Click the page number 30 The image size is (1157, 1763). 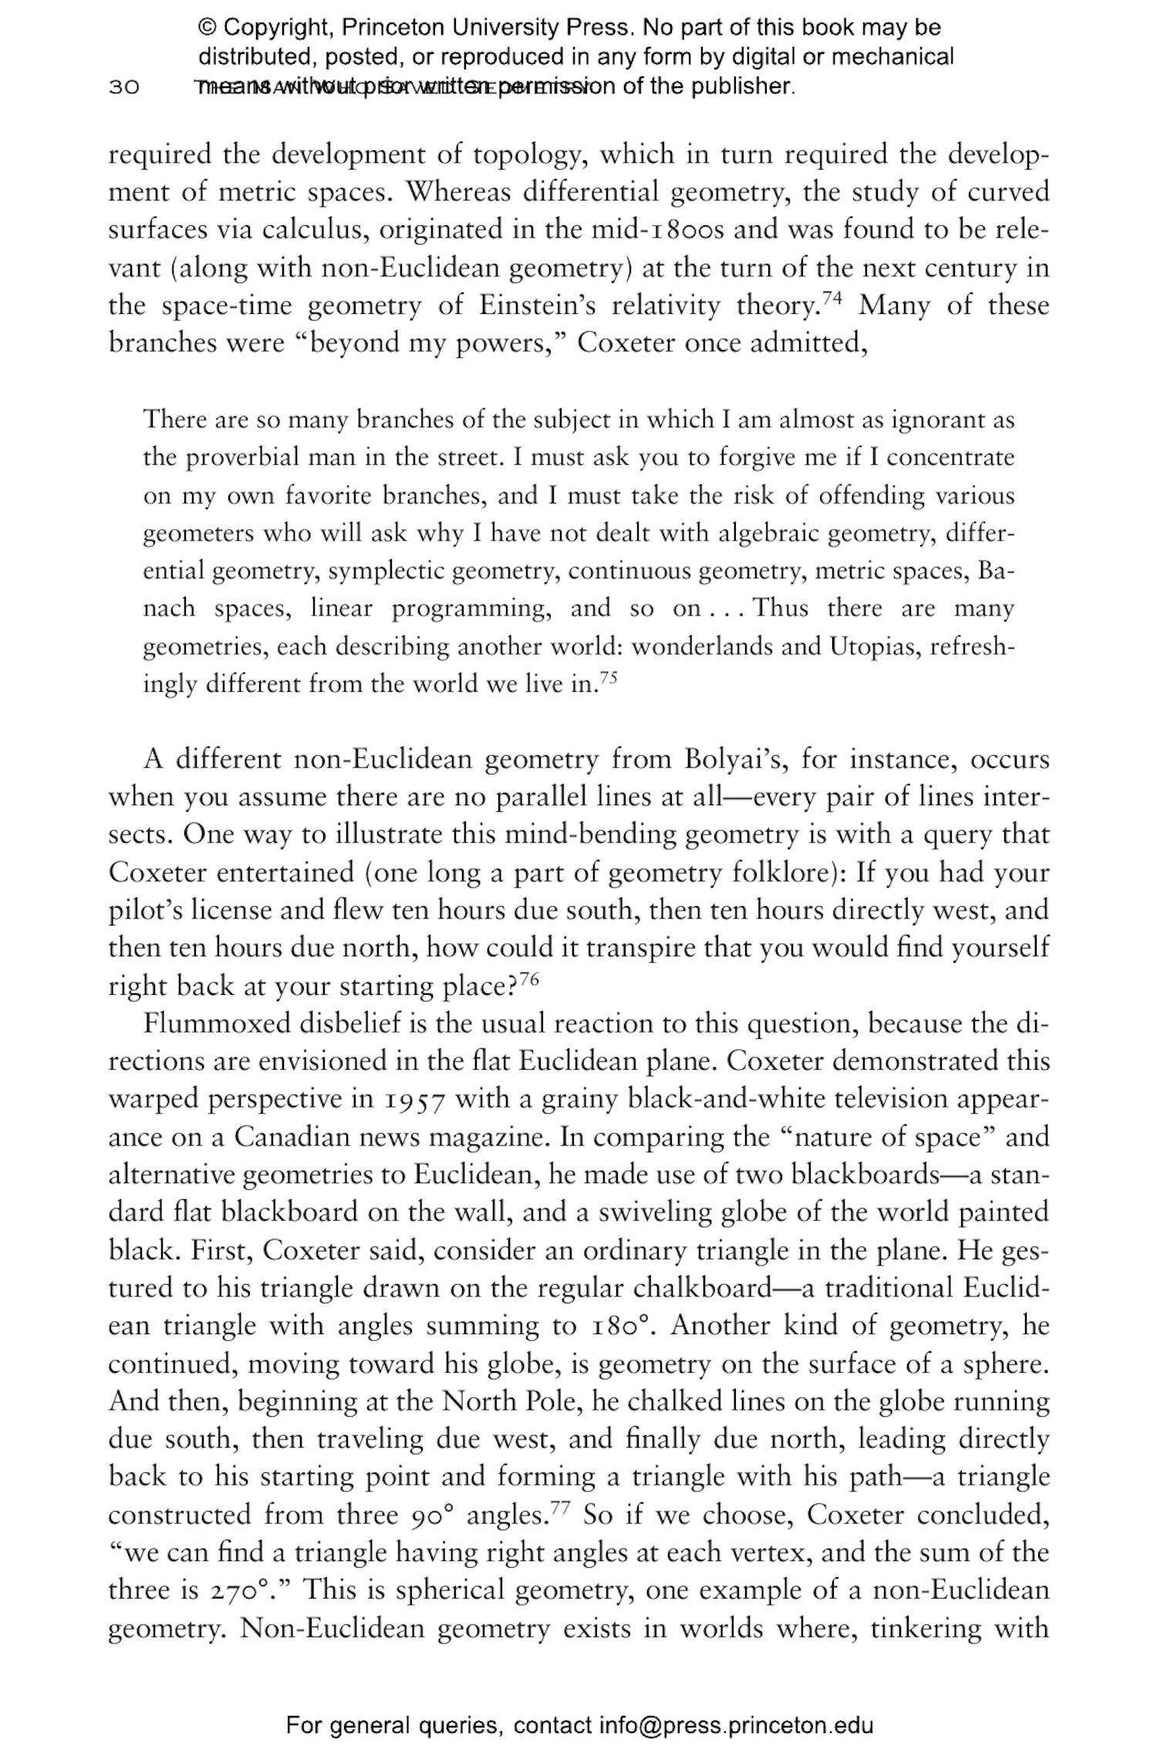pyautogui.click(x=123, y=86)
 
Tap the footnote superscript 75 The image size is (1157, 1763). pyautogui.click(x=609, y=678)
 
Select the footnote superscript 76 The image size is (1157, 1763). pyautogui.click(x=528, y=979)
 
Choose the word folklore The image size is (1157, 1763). pyautogui.click(x=784, y=873)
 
